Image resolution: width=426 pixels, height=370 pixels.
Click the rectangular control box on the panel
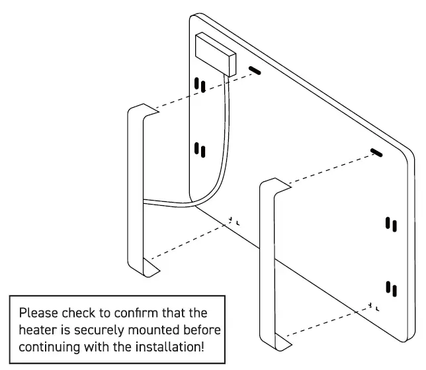coord(216,54)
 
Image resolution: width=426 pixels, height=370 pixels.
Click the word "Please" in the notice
coord(38,313)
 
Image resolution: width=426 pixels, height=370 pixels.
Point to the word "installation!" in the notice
coord(169,347)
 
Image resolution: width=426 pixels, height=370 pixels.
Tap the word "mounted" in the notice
coord(153,330)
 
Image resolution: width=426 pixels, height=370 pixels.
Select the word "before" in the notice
coord(202,330)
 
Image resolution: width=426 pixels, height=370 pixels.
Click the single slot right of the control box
coord(255,70)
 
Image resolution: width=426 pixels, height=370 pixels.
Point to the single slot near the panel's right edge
coord(376,153)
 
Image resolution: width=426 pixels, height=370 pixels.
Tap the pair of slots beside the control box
coord(200,85)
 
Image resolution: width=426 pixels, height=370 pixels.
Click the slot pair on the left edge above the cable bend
coord(200,150)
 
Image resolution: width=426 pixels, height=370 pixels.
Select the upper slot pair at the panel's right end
coord(391,224)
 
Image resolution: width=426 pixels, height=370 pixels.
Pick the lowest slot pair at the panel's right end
coord(391,289)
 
